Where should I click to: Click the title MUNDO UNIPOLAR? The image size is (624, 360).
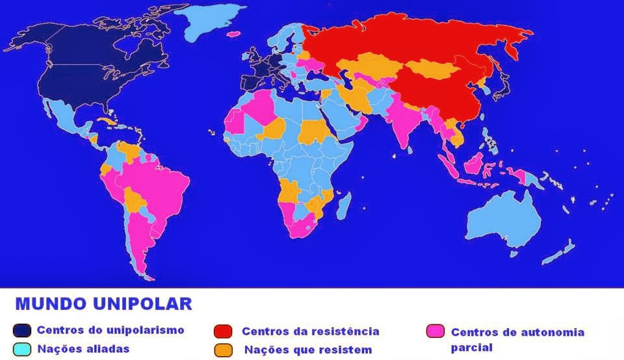click(x=103, y=303)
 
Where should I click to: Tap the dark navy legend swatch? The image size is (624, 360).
click(x=22, y=331)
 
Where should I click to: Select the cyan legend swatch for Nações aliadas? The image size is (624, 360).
click(x=22, y=350)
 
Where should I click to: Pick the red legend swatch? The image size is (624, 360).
click(x=222, y=331)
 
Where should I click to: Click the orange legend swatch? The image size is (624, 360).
click(x=222, y=350)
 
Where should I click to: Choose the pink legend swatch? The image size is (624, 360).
click(x=435, y=331)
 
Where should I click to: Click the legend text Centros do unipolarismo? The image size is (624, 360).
click(x=110, y=330)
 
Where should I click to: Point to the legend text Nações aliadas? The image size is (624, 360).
click(x=83, y=349)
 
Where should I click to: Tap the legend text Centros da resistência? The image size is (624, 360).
click(x=310, y=331)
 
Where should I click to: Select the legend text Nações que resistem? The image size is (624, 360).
click(x=308, y=350)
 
